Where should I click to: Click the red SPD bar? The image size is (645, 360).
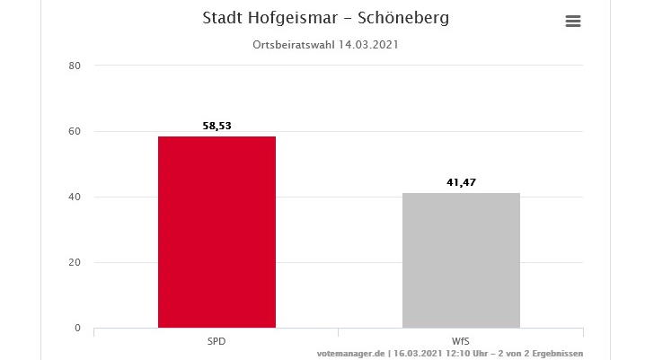(216, 232)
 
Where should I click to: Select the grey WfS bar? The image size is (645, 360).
(461, 260)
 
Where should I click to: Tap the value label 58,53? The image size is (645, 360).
(216, 127)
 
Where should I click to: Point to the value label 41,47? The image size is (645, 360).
(461, 183)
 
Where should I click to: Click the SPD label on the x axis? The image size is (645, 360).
(216, 342)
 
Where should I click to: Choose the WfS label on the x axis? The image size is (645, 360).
(461, 342)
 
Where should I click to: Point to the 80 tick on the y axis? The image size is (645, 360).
(75, 66)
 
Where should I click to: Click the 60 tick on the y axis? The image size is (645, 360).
(75, 131)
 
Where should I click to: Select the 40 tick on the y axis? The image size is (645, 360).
(75, 197)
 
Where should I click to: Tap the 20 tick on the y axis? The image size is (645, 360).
(75, 262)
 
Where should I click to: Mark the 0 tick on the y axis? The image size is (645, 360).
(78, 328)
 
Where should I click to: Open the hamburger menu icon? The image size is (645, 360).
(573, 22)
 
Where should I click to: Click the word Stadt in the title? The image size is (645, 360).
(222, 18)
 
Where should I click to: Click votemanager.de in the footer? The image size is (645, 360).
(351, 354)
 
